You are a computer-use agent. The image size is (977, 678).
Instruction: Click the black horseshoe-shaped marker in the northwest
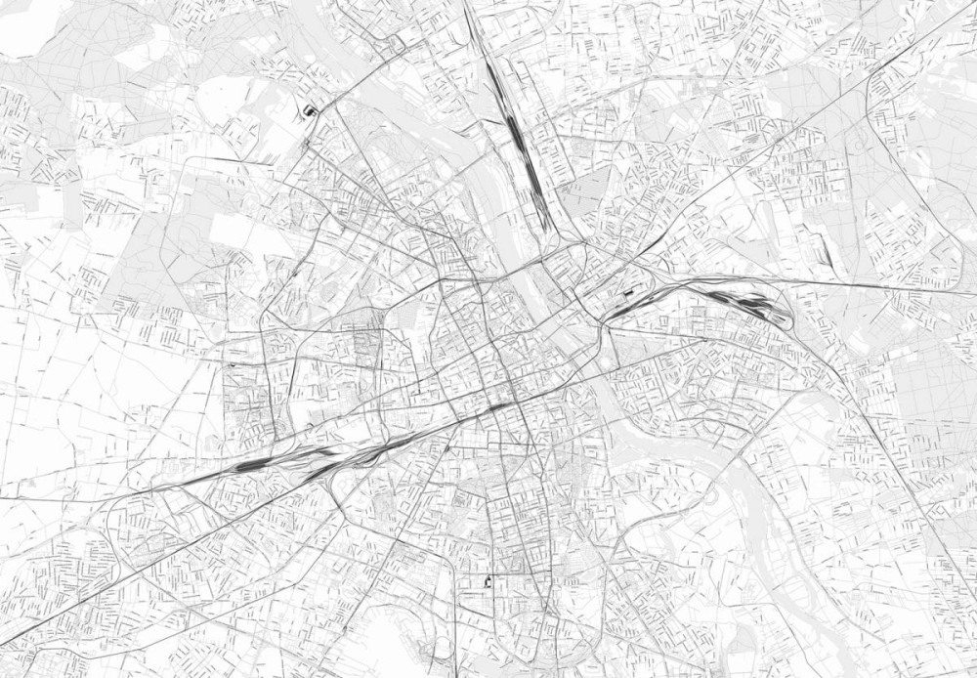[x=311, y=110]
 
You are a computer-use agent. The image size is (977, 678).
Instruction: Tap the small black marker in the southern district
[x=488, y=582]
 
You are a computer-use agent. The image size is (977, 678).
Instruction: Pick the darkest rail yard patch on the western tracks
[x=252, y=467]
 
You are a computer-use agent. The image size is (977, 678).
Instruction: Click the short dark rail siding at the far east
[x=827, y=253]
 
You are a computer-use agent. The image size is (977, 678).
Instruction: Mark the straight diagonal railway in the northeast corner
[x=879, y=68]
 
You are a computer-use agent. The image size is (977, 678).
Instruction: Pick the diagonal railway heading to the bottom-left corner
[x=78, y=596]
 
